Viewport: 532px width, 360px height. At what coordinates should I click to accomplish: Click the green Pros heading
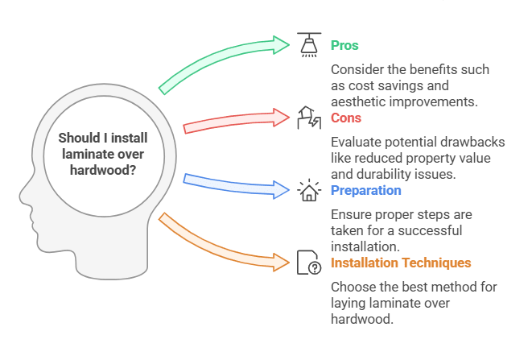346,46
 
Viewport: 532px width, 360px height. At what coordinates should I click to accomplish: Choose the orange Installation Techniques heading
401,263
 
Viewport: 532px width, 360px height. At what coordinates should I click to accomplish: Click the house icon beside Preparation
309,190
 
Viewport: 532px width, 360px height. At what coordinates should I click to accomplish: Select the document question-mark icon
309,263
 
